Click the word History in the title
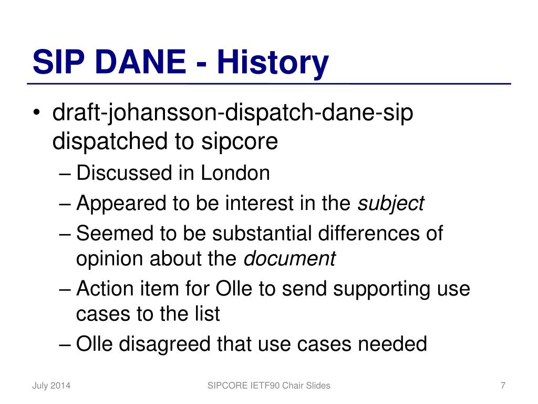tap(273, 64)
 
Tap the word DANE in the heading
tap(143, 62)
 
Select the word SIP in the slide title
tap(58, 62)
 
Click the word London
tap(235, 173)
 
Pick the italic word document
tap(289, 259)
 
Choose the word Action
tap(105, 288)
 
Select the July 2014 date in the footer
tap(51, 386)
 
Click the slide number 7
tap(503, 386)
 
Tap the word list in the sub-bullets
tap(208, 314)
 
